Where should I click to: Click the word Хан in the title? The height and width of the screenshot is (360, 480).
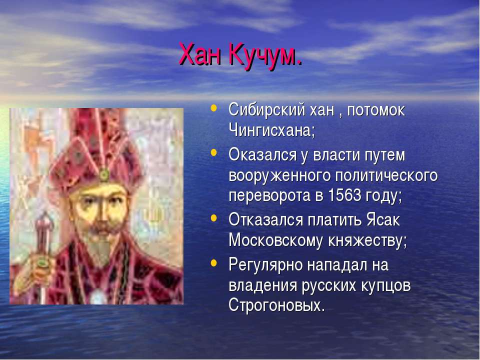199,55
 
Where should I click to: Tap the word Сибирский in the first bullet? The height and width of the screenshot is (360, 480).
266,110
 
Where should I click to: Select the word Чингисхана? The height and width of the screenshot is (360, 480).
271,130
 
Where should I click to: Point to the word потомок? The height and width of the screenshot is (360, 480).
376,110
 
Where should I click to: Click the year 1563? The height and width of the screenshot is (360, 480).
344,195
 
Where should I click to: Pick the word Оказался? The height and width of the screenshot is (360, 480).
262,154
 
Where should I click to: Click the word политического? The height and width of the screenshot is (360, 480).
386,176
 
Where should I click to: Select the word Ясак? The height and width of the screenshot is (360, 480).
383,219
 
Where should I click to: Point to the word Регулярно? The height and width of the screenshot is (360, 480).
265,265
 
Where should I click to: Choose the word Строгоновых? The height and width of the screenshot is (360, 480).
276,304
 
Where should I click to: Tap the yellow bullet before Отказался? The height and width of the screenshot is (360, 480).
214,217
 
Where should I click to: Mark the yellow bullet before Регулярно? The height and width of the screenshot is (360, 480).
214,262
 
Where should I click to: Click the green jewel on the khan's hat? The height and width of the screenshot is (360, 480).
104,175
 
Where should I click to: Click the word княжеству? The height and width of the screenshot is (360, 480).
367,241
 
